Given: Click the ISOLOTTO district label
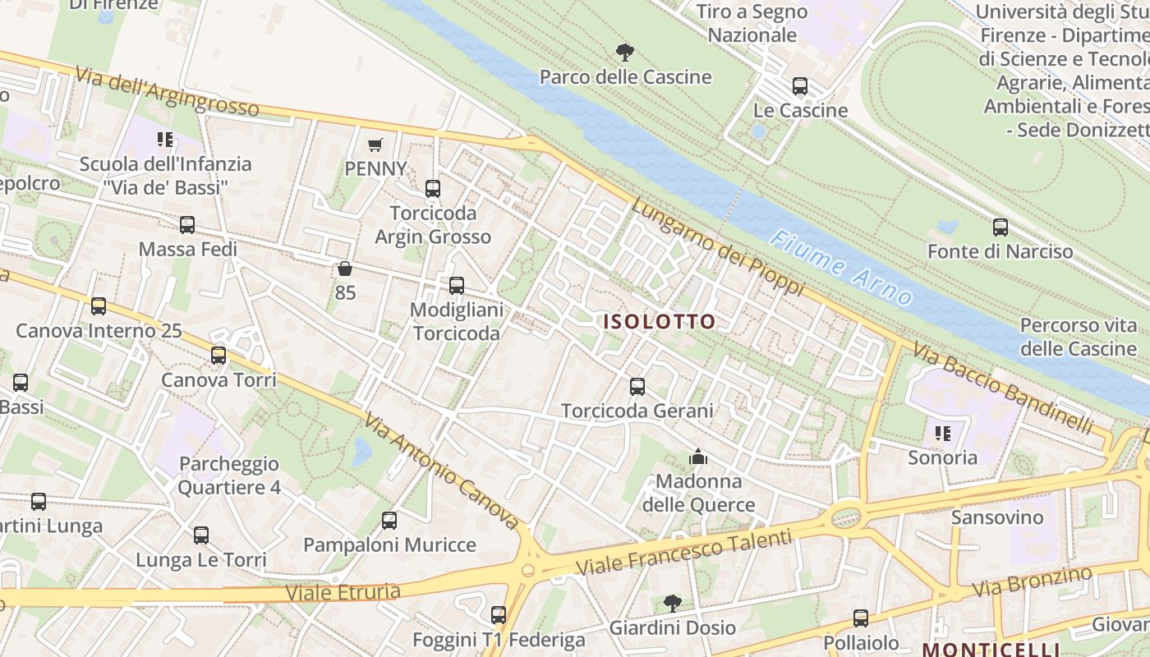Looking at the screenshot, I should [x=660, y=321].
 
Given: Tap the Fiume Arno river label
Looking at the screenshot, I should [x=841, y=267].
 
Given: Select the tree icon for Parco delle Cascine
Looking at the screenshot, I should [x=625, y=53].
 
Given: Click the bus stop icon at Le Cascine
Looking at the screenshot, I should [x=799, y=86].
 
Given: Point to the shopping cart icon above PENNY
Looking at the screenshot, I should [x=375, y=145].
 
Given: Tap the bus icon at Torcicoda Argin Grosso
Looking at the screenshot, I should [x=433, y=189].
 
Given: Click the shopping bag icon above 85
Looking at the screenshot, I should [x=345, y=269].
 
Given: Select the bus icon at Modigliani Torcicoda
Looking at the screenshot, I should [x=456, y=286].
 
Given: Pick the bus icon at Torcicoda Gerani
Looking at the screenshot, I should [x=637, y=386].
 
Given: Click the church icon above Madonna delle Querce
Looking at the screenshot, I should [x=698, y=457].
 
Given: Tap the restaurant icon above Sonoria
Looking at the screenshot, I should [x=942, y=433].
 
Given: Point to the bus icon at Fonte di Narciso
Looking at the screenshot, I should [x=1000, y=227].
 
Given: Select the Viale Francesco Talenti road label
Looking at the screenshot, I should [x=683, y=553].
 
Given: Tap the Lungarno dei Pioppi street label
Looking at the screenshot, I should [x=717, y=246].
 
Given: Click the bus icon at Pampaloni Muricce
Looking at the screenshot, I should [x=389, y=520].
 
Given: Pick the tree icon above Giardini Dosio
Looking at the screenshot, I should [x=672, y=604].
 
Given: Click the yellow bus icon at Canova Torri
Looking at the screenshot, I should [x=218, y=356].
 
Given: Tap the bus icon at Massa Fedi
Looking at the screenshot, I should [x=187, y=225].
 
